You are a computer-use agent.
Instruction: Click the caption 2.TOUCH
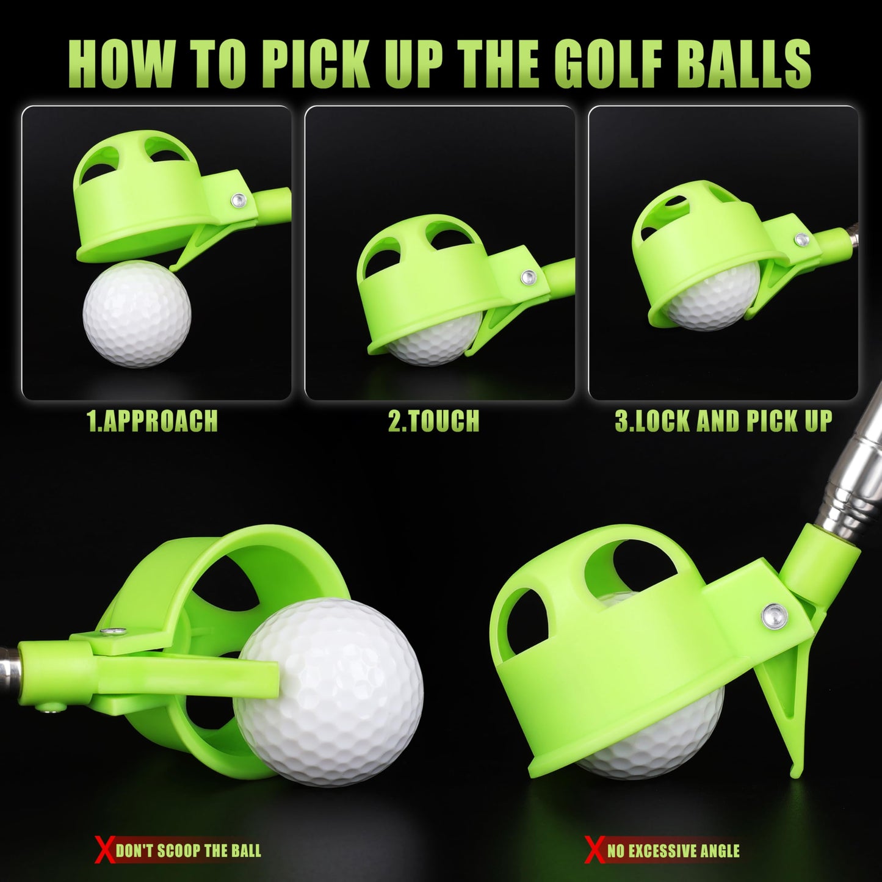(x=433, y=421)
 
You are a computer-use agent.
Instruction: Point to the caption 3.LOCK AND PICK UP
(x=723, y=421)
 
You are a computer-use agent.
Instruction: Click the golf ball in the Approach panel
(x=137, y=313)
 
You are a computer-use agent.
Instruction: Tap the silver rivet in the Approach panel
(x=240, y=199)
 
